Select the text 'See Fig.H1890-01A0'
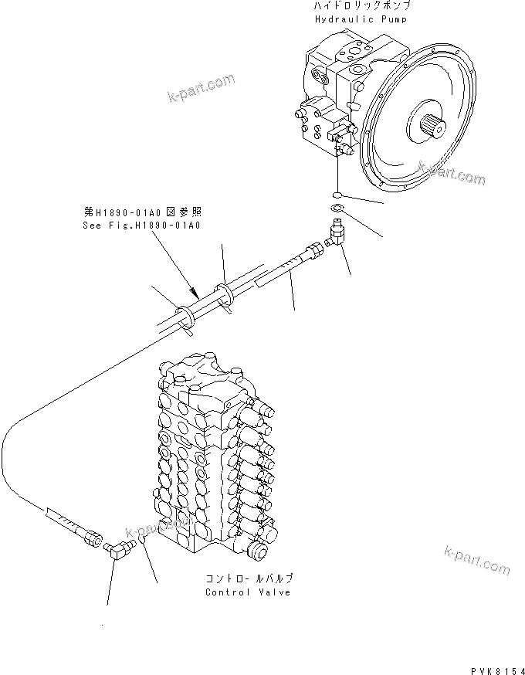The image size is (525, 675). (141, 226)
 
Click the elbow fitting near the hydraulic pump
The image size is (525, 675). (337, 233)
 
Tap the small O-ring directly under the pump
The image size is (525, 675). (338, 193)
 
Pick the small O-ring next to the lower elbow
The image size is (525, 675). (144, 550)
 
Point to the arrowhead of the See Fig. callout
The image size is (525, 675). (196, 294)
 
